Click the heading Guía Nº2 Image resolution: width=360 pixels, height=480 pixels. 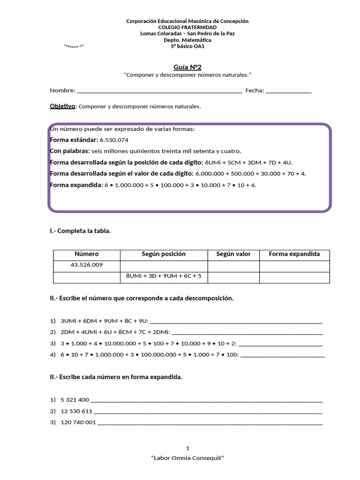click(x=187, y=67)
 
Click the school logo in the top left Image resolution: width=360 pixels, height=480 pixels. click(x=77, y=46)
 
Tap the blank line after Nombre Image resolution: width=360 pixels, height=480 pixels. click(x=159, y=91)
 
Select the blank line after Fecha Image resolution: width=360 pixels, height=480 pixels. click(x=288, y=91)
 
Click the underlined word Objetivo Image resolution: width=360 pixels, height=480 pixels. click(x=62, y=106)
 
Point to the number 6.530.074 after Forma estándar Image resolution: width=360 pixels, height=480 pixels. click(x=114, y=140)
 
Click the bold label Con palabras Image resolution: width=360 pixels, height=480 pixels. click(x=70, y=151)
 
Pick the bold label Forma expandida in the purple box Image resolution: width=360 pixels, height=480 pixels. click(x=76, y=185)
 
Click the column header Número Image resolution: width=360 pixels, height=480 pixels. click(x=87, y=255)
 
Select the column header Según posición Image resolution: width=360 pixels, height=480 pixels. click(x=164, y=255)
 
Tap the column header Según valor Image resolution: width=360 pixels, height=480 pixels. click(x=233, y=255)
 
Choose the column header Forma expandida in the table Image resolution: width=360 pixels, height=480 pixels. click(x=294, y=255)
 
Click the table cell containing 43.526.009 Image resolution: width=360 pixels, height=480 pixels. click(x=87, y=265)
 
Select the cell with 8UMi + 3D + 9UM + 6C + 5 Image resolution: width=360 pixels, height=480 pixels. click(x=164, y=277)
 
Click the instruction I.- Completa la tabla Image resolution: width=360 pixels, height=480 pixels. click(x=81, y=231)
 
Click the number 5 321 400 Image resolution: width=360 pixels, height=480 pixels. click(x=75, y=400)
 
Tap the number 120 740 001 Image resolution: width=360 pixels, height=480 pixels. click(x=78, y=422)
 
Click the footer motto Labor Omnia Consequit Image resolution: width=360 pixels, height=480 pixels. click(x=187, y=458)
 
